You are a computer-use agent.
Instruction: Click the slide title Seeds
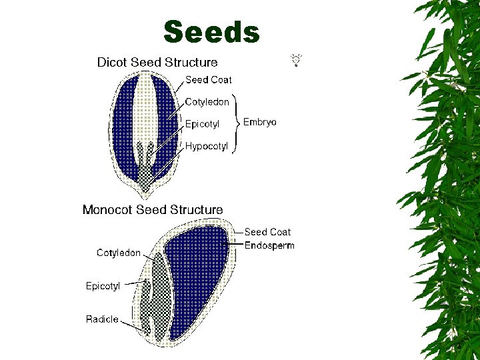pyautogui.click(x=211, y=32)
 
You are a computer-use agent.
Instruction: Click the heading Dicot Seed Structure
pyautogui.click(x=157, y=63)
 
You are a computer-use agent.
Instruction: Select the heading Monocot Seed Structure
pyautogui.click(x=153, y=210)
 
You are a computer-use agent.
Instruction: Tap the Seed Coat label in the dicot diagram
pyautogui.click(x=209, y=80)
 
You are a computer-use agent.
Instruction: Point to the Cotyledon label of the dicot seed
pyautogui.click(x=207, y=102)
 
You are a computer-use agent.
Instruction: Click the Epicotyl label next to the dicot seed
pyautogui.click(x=202, y=124)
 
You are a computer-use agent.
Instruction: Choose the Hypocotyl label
pyautogui.click(x=207, y=146)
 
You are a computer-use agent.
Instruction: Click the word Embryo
pyautogui.click(x=260, y=123)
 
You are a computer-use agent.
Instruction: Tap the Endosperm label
pyautogui.click(x=269, y=245)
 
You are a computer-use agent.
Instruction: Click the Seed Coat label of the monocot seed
pyautogui.click(x=267, y=232)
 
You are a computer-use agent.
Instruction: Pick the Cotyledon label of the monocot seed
pyautogui.click(x=119, y=253)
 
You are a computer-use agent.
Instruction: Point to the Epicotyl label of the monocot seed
pyautogui.click(x=103, y=286)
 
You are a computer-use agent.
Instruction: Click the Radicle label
pyautogui.click(x=102, y=319)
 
